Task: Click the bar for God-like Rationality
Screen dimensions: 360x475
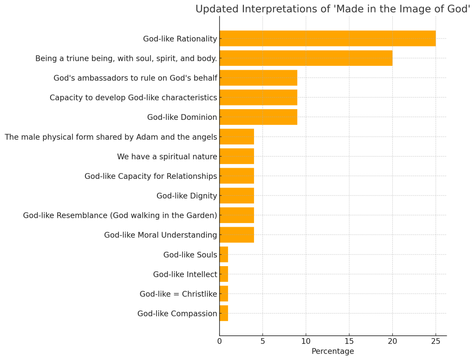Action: (x=327, y=39)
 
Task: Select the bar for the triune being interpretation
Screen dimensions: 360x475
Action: (x=306, y=58)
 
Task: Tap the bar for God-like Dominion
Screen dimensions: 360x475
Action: (x=258, y=117)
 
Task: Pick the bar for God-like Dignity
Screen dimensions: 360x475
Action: (x=237, y=196)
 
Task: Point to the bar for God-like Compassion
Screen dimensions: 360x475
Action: (x=224, y=314)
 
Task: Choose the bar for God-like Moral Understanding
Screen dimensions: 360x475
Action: (x=237, y=235)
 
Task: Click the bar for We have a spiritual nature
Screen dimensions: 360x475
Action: (x=237, y=157)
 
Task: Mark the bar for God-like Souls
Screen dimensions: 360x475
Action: (x=224, y=255)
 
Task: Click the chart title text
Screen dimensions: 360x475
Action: (x=332, y=9)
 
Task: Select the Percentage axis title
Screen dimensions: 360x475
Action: (x=332, y=352)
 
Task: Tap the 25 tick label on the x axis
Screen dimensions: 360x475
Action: (x=436, y=341)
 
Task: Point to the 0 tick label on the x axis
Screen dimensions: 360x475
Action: (x=220, y=341)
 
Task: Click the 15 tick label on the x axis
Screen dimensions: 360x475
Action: (x=349, y=341)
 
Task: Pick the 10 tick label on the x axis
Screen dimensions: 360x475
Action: (x=306, y=341)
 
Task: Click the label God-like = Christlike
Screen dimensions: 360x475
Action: (x=178, y=294)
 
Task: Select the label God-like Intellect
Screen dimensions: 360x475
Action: (x=185, y=275)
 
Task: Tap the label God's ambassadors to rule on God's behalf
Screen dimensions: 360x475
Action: (x=135, y=78)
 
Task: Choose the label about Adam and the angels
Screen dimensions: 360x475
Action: (x=111, y=137)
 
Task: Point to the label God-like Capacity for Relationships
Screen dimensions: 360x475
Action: (x=150, y=176)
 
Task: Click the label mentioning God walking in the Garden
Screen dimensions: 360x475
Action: (x=120, y=216)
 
